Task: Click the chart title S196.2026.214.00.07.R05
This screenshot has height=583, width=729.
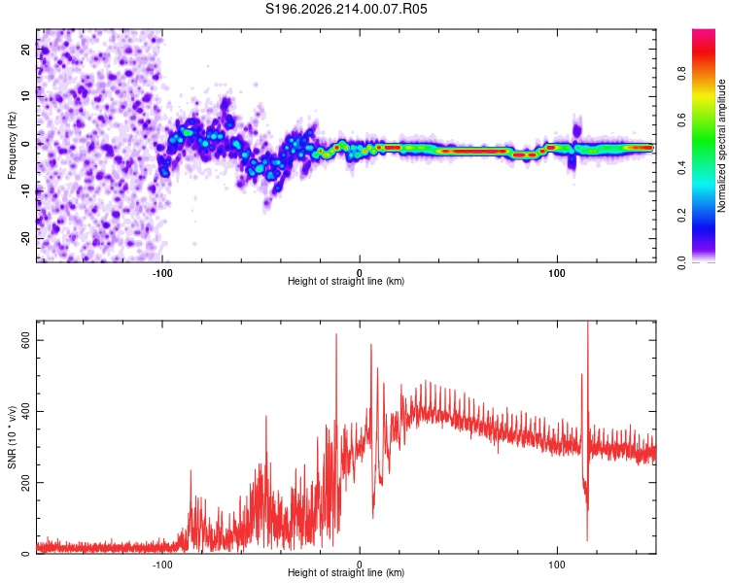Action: point(346,9)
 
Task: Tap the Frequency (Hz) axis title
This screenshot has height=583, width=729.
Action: point(12,146)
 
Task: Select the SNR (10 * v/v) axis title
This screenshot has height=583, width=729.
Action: point(12,437)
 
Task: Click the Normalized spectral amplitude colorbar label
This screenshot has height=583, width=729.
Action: point(721,146)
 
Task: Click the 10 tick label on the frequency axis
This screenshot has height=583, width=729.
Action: point(26,96)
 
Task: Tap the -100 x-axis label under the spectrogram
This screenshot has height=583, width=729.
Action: point(161,273)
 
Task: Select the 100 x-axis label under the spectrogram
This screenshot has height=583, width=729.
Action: point(557,273)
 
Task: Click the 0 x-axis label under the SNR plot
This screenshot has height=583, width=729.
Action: point(360,565)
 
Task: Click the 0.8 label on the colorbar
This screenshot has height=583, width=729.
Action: point(681,74)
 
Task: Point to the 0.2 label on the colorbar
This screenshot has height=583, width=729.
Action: point(681,216)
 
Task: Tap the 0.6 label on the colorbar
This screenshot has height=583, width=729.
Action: point(681,120)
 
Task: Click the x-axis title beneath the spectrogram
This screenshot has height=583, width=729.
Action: point(346,281)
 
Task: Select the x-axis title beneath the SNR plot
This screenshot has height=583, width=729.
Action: point(346,572)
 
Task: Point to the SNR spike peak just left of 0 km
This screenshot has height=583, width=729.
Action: point(336,334)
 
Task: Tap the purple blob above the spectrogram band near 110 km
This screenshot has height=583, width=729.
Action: point(577,129)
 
